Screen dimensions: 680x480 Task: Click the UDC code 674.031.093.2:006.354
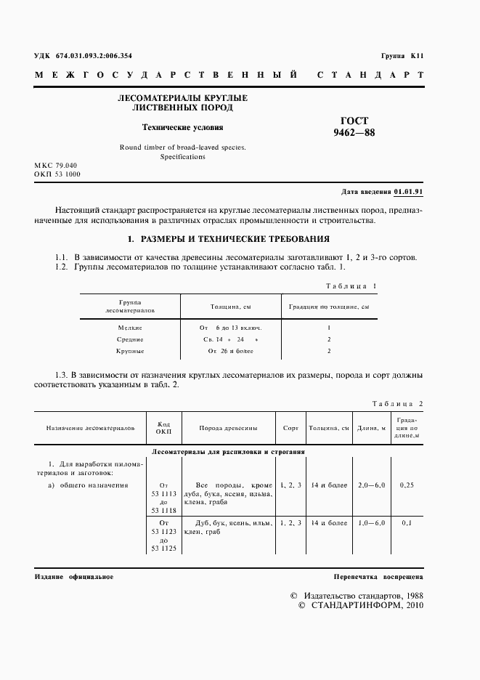pyautogui.click(x=83, y=56)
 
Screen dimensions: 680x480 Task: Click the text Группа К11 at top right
pyautogui.click(x=402, y=56)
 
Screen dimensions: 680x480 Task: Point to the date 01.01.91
pyautogui.click(x=409, y=192)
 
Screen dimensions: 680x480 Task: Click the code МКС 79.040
pyautogui.click(x=55, y=166)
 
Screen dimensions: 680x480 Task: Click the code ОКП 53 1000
pyautogui.click(x=57, y=175)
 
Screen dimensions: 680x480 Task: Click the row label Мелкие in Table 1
pyautogui.click(x=130, y=328)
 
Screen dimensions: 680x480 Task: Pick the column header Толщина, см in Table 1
pyautogui.click(x=231, y=307)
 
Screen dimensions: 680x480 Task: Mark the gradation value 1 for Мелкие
pyautogui.click(x=329, y=328)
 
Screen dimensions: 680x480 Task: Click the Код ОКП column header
pyautogui.click(x=163, y=428)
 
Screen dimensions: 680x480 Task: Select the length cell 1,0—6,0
pyautogui.click(x=371, y=522)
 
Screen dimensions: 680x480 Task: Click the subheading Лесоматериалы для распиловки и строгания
pyautogui.click(x=227, y=451)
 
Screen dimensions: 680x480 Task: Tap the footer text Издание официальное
pyautogui.click(x=73, y=577)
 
